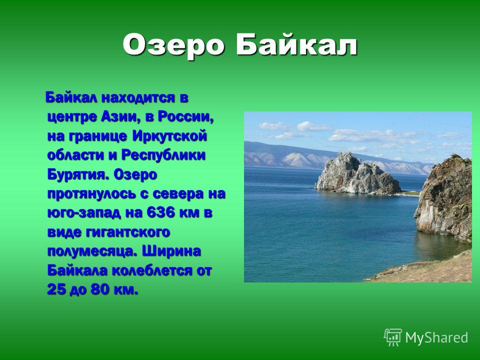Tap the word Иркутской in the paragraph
tap(170, 136)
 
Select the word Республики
tap(163, 155)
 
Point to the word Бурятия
tap(78, 175)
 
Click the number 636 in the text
tap(160, 213)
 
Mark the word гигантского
tap(128, 232)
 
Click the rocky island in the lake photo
tap(357, 174)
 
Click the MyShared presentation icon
tap(393, 337)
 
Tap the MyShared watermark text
tap(437, 338)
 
